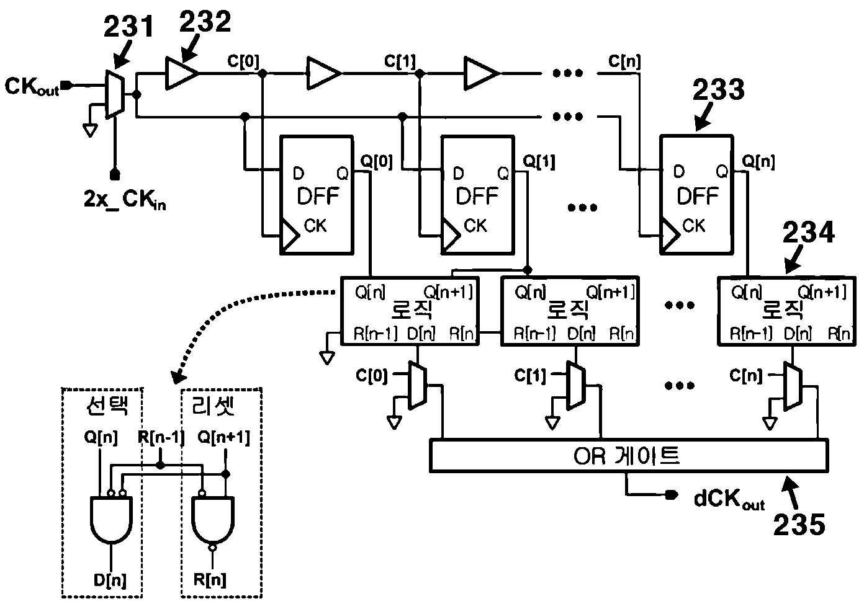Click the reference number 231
coord(129,26)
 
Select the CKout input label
coord(32,87)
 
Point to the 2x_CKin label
coord(125,200)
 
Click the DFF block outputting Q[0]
coord(317,195)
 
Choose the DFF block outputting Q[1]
coord(477,195)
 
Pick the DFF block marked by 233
coord(696,195)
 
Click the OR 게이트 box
coord(629,455)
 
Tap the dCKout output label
coord(729,499)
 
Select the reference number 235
coord(799,525)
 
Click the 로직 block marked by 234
coord(786,311)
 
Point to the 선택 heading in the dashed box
coord(107,405)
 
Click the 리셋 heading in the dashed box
coord(213,405)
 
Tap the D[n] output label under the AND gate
coord(110,580)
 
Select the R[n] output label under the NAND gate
coord(210,579)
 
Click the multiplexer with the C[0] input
coord(417,385)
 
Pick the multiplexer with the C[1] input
coord(576,385)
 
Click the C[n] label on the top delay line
coord(624,61)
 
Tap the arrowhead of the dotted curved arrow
coord(177,378)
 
